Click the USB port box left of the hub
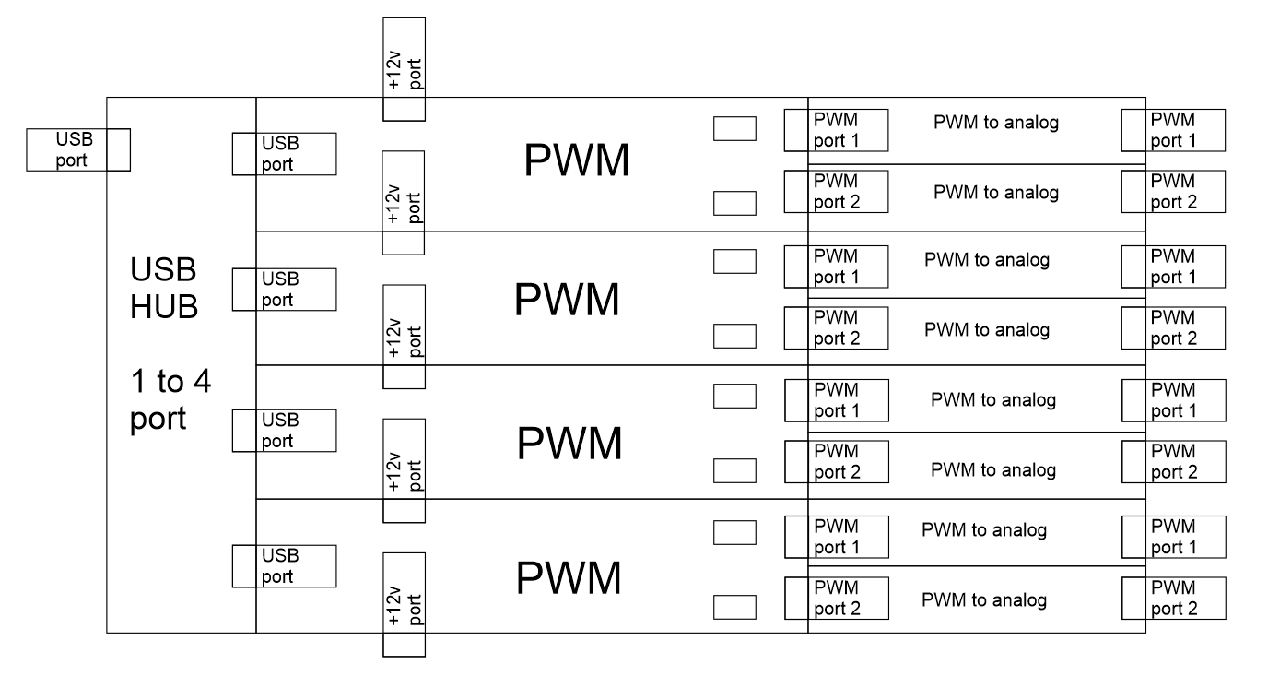click(76, 149)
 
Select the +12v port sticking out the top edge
click(404, 68)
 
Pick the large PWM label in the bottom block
click(569, 578)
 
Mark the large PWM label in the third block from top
click(569, 445)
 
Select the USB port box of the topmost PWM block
click(283, 154)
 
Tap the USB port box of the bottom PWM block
click(283, 566)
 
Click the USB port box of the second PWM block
click(283, 289)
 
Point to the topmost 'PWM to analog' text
click(996, 124)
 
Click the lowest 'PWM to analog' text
click(984, 600)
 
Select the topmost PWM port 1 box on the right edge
click(1174, 130)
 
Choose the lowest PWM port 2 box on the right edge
click(1174, 598)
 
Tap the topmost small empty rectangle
click(734, 128)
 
